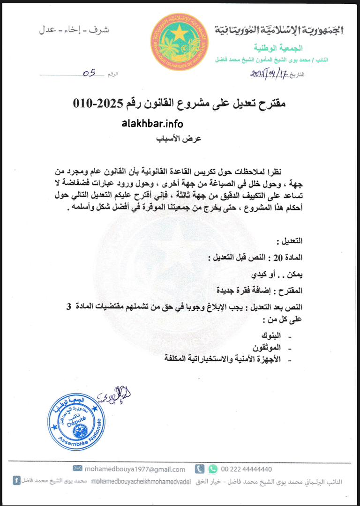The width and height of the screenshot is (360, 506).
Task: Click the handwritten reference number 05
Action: [x=89, y=73]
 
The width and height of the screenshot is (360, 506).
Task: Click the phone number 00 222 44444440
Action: [x=247, y=469]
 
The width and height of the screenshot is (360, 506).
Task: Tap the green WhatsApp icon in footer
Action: [x=213, y=469]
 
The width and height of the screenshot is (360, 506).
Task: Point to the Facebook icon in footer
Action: [x=16, y=481]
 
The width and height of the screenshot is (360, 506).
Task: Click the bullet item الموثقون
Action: [x=268, y=348]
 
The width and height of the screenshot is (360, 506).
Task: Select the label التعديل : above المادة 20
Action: [x=290, y=242]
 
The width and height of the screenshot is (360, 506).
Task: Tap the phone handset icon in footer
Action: [x=199, y=469]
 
